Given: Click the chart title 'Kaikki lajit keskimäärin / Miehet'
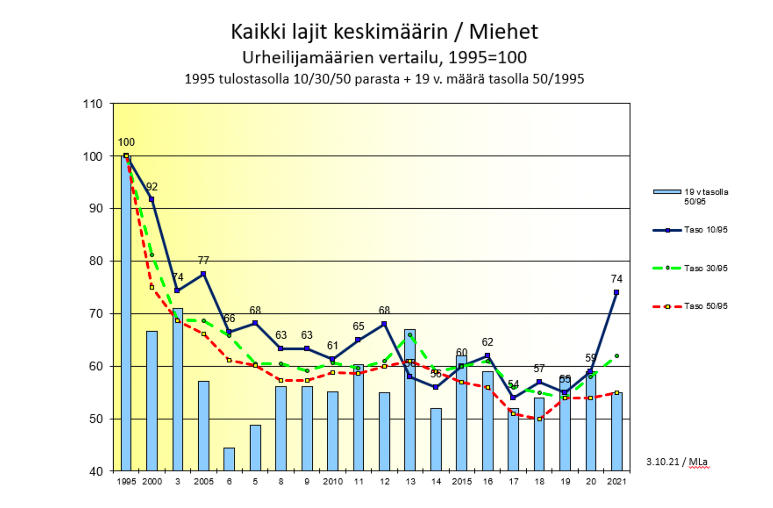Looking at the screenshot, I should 384,32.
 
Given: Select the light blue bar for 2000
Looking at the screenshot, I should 152,400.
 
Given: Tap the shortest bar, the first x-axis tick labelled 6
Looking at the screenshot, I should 229,459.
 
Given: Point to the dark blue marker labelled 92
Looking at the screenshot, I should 152,199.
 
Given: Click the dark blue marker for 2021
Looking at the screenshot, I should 617,292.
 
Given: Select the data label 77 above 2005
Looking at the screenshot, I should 203,260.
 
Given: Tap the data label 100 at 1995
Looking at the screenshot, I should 126,142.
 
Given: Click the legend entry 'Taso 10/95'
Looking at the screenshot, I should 706,230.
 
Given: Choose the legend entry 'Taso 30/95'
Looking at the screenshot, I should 706,268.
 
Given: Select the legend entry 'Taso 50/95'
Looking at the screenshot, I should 706,306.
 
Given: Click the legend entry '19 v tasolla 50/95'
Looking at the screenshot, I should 706,197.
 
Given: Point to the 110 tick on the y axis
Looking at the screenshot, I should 93,104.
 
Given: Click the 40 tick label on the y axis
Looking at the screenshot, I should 96,471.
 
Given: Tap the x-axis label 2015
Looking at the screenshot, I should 462,482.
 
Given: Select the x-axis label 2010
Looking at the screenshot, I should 333,482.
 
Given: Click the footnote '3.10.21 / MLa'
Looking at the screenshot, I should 677,462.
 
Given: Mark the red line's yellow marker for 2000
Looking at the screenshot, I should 152,287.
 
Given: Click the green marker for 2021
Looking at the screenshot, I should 617,356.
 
